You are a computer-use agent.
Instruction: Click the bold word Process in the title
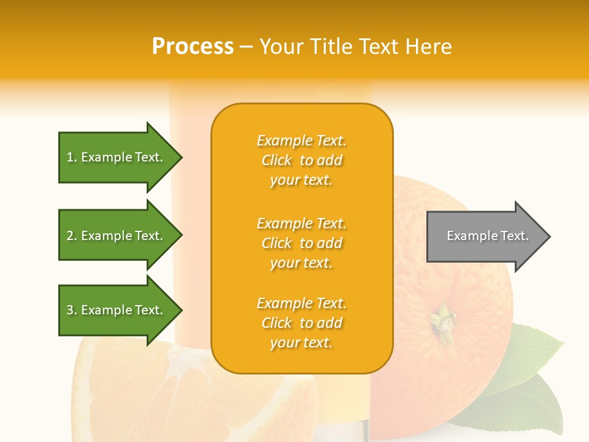[x=193, y=47]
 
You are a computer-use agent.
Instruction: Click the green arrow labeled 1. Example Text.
[x=114, y=157]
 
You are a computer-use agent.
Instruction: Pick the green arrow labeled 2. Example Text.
[x=114, y=236]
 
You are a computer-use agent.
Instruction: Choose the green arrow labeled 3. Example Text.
[x=114, y=310]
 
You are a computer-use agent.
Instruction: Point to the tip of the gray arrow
[x=549, y=236]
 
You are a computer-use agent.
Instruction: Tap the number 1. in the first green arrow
[x=72, y=157]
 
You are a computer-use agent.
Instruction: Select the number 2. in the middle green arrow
[x=72, y=236]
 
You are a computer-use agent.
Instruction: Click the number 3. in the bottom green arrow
[x=72, y=310]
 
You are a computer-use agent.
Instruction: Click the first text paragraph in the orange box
[x=301, y=160]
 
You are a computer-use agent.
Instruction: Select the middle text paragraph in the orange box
[x=301, y=243]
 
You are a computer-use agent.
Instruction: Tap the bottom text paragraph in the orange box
[x=301, y=323]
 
